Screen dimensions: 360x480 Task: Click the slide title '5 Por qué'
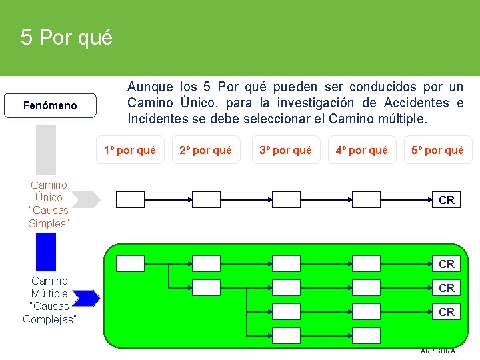pyautogui.click(x=67, y=37)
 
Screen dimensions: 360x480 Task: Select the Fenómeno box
pyautogui.click(x=50, y=105)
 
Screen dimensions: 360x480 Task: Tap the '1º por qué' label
pyautogui.click(x=129, y=150)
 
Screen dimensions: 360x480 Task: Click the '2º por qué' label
pyautogui.click(x=205, y=150)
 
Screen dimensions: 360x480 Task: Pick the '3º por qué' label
pyautogui.click(x=285, y=150)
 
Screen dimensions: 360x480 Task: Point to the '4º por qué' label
pyautogui.click(x=361, y=150)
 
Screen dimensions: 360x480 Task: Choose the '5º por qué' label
pyautogui.click(x=437, y=150)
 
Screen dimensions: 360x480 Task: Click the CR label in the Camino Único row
pyautogui.click(x=447, y=200)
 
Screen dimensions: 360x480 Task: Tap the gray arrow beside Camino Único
pyautogui.click(x=85, y=199)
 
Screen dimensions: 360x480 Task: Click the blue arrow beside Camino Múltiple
pyautogui.click(x=86, y=298)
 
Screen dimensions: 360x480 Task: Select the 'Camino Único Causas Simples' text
pyautogui.click(x=49, y=204)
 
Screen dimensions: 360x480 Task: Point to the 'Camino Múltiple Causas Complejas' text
pyautogui.click(x=49, y=300)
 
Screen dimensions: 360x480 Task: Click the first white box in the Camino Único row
pyautogui.click(x=130, y=199)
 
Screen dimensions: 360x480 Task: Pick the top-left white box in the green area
pyautogui.click(x=130, y=263)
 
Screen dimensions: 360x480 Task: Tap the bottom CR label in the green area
pyautogui.click(x=447, y=312)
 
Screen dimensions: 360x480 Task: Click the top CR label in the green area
pyautogui.click(x=447, y=264)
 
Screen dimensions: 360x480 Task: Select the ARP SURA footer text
pyautogui.click(x=437, y=351)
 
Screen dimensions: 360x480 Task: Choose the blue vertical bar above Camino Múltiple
pyautogui.click(x=46, y=251)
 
